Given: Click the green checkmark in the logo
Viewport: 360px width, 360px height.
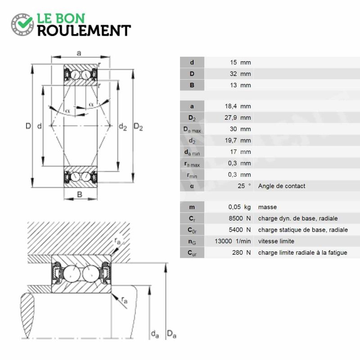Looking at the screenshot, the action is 25,22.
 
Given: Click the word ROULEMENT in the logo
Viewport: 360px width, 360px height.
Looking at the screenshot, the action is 84,31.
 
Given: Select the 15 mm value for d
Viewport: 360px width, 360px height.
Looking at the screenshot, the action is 240,63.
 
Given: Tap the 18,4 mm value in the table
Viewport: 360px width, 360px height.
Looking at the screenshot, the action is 238,106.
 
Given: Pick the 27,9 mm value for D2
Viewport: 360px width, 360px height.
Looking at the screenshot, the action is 238,117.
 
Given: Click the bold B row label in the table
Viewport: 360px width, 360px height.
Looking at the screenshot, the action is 192,85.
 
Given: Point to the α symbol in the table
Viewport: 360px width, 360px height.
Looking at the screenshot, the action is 192,186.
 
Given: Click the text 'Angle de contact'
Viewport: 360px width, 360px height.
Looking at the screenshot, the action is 282,186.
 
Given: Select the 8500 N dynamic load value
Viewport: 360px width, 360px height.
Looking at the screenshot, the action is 240,218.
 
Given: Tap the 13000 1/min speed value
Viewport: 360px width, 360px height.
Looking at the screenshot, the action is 233,241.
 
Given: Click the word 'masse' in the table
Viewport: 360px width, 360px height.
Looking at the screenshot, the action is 267,207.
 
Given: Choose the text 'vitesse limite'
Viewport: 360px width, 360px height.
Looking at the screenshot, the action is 276,241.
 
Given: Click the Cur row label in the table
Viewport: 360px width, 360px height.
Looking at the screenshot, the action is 192,253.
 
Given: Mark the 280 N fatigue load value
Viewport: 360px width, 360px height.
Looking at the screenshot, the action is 241,252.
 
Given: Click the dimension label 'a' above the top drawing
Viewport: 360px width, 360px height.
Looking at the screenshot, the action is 79,53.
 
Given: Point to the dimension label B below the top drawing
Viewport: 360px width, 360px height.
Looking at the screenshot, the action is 80,194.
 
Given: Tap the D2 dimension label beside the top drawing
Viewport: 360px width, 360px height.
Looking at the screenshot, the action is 138,127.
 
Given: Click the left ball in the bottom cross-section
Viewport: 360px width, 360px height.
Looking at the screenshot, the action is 72,274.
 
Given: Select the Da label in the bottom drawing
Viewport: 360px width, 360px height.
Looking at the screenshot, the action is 171,334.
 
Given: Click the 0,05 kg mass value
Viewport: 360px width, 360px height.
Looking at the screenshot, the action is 239,207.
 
